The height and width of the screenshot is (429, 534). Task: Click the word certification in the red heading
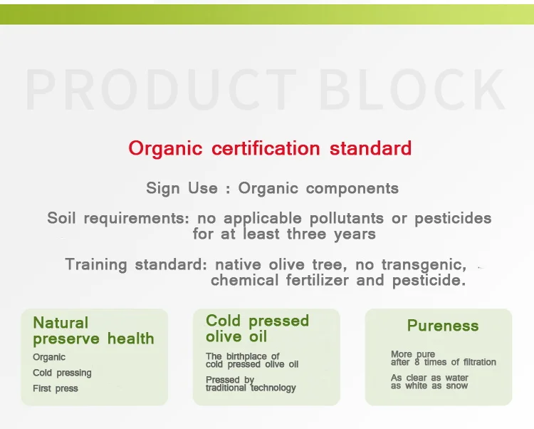tap(266, 148)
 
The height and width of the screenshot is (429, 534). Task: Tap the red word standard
tap(370, 148)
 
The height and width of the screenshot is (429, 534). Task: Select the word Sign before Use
tap(163, 188)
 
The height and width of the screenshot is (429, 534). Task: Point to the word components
tap(352, 189)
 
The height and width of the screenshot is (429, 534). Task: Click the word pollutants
tap(346, 219)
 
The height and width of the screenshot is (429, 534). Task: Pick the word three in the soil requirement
tap(306, 234)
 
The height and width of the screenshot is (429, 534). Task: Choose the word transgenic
tap(424, 265)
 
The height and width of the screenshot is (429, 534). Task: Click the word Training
tap(96, 265)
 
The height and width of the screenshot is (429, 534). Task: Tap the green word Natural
tap(61, 323)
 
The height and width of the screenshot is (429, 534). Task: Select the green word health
tap(131, 338)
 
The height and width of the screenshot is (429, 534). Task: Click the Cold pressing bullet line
tap(62, 373)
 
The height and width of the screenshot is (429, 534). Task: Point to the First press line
tap(56, 388)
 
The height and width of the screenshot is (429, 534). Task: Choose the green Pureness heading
tap(443, 326)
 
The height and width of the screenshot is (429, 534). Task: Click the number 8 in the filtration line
tap(417, 362)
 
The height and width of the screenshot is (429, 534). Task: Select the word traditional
tap(226, 388)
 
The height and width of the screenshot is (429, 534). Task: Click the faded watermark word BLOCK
tap(412, 89)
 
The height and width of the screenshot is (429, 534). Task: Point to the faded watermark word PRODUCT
tap(160, 89)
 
